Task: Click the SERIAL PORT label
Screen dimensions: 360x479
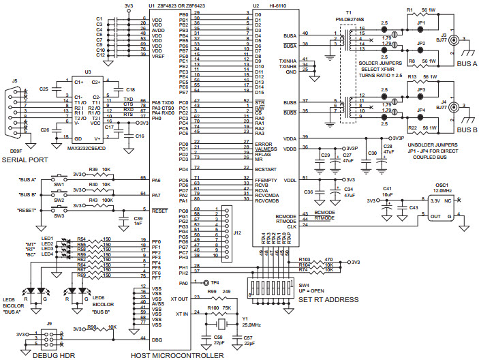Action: pos(27,160)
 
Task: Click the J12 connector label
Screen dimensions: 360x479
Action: pos(236,233)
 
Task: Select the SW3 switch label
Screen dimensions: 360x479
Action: pos(59,215)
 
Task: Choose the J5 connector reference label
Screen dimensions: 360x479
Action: pos(14,80)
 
